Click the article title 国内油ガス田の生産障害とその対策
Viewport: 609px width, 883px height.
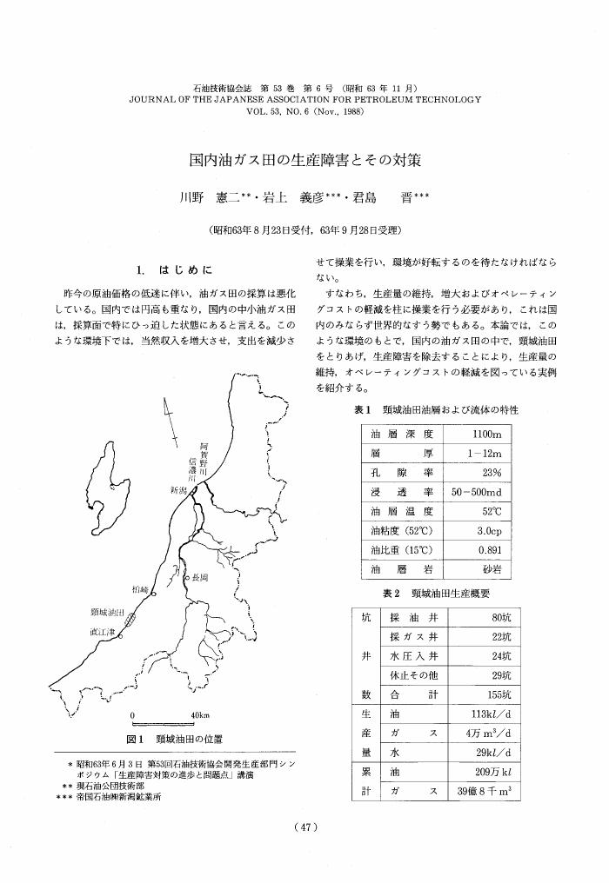[x=305, y=161]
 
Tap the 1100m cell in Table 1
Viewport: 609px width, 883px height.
[x=483, y=434]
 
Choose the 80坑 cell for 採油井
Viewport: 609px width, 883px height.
[x=496, y=618]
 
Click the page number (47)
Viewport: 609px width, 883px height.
[x=304, y=828]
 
